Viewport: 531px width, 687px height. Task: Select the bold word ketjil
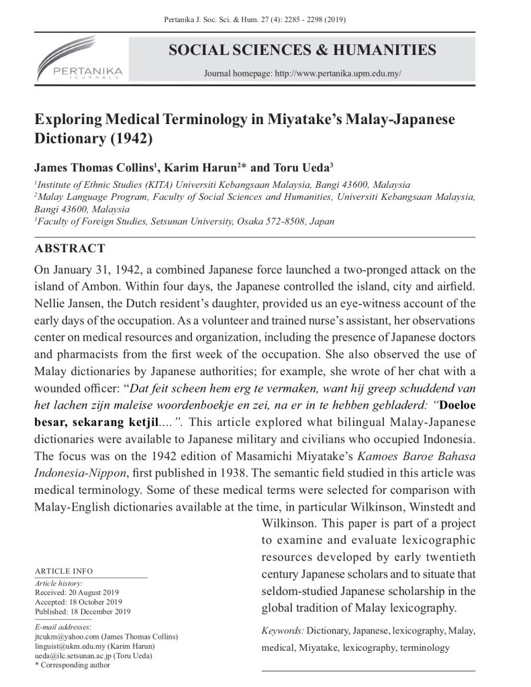[x=138, y=423]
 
